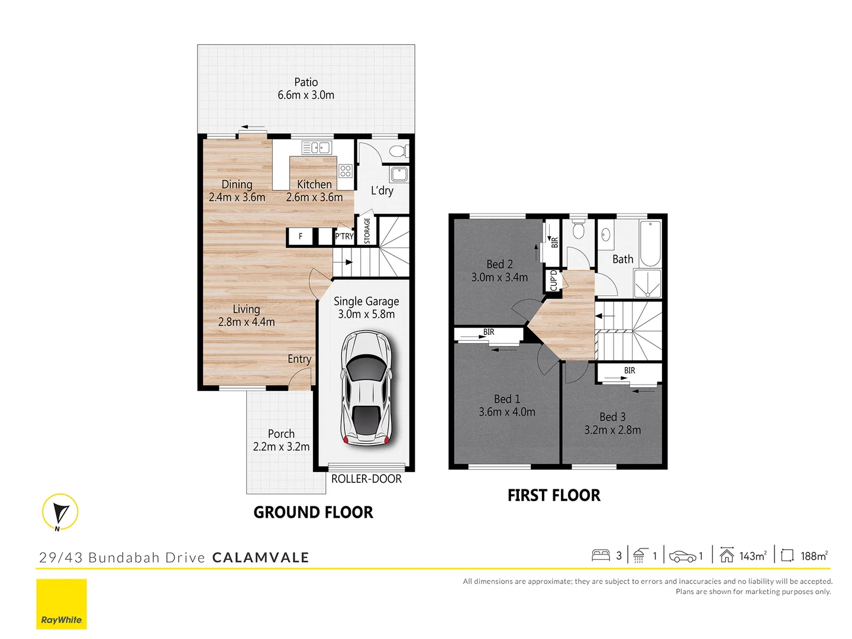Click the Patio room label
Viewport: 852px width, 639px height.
306,82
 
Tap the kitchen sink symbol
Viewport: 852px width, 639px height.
316,147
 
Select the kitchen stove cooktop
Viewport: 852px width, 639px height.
346,172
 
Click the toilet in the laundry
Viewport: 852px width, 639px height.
398,151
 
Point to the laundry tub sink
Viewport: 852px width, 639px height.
399,174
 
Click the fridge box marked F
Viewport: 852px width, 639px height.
300,236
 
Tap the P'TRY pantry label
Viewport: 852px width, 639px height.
344,236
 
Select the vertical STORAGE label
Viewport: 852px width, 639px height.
367,230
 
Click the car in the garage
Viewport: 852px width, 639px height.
366,388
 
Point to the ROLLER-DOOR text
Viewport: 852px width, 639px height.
366,479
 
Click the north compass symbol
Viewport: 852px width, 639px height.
60,512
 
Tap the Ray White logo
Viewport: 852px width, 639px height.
62,604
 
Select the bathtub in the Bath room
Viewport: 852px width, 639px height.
650,243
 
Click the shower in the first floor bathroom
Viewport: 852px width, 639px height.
647,283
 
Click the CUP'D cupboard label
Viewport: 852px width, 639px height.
553,280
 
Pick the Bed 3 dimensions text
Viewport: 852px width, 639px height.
612,430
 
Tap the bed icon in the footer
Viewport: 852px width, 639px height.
601,556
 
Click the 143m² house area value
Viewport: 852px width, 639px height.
753,556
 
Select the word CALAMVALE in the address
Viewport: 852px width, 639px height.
260,557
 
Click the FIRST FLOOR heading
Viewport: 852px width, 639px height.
554,495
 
